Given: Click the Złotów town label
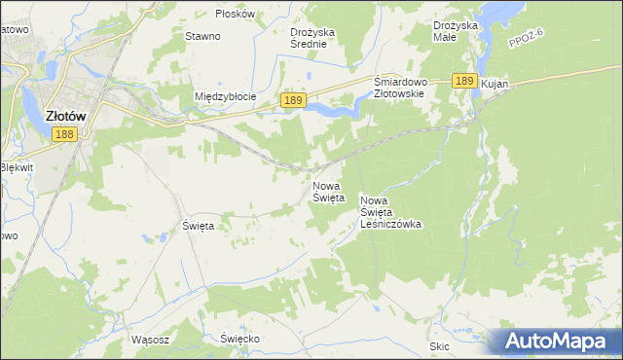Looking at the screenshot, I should click(x=67, y=115).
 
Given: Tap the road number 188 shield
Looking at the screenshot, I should click(x=63, y=134).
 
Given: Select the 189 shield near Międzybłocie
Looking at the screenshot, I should click(x=294, y=100).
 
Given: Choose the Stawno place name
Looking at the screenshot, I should click(x=202, y=36).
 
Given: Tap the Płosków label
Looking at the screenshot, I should click(x=235, y=14).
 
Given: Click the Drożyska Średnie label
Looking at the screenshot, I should click(x=312, y=38).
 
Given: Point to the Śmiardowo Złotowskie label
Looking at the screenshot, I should click(x=399, y=88).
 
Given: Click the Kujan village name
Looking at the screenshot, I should click(x=495, y=86).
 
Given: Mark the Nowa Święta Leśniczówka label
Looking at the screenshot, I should click(x=389, y=211).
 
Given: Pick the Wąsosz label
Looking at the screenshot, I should click(x=150, y=340).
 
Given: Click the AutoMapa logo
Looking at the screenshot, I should click(x=554, y=342).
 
